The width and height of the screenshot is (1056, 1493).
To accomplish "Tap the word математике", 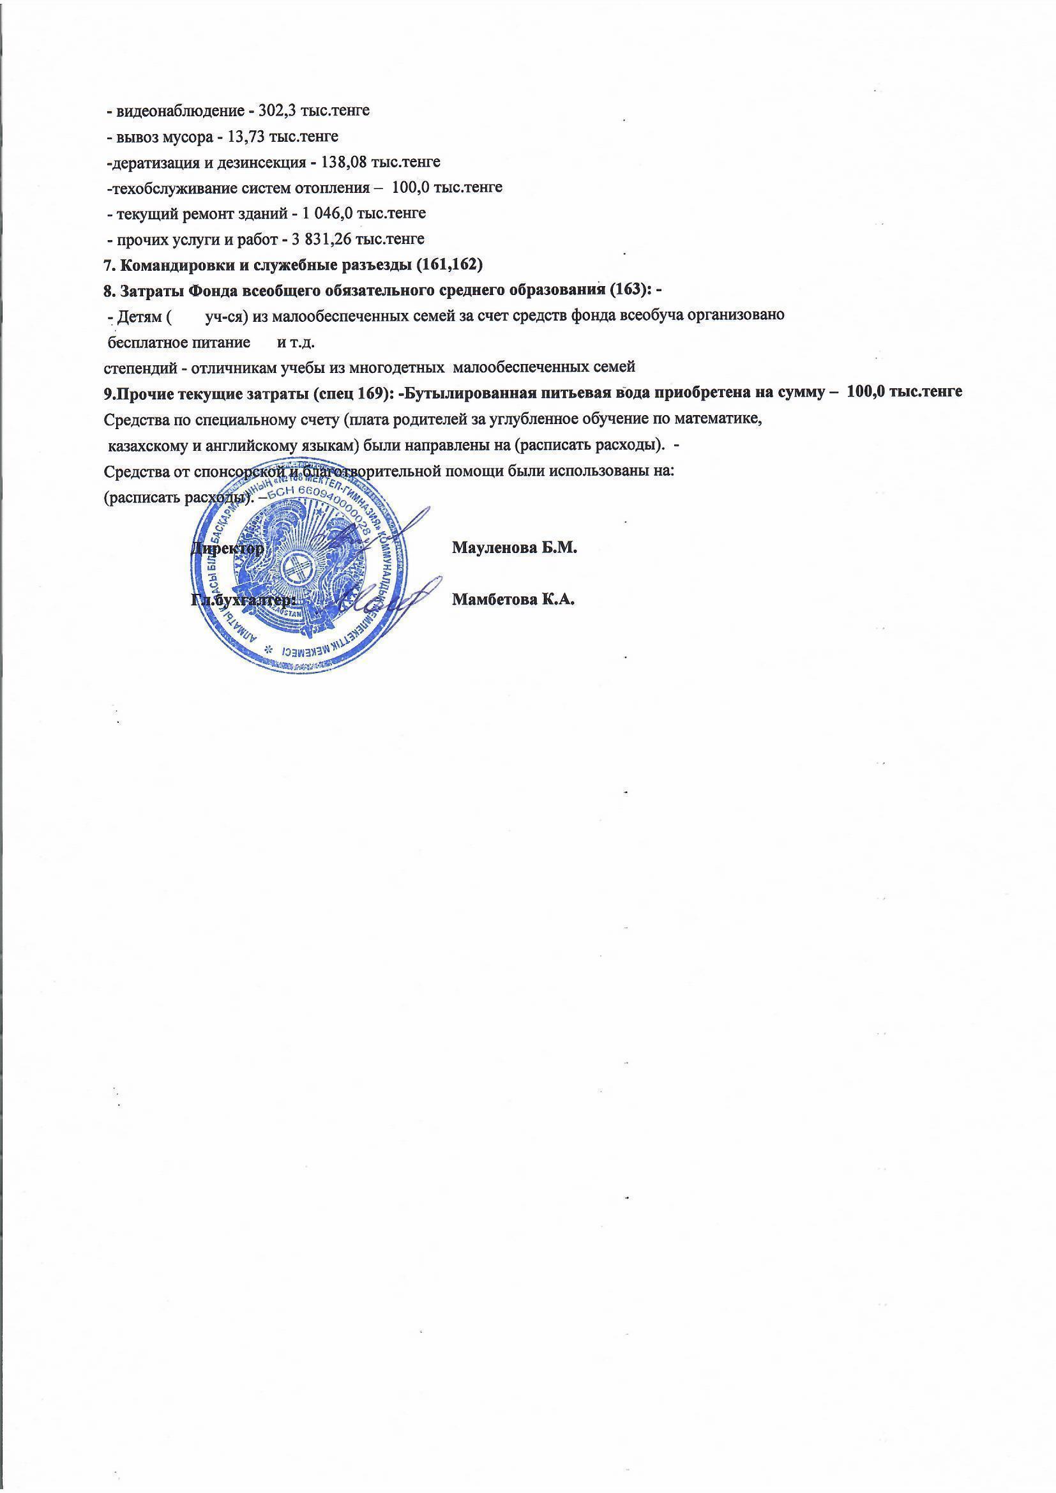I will [725, 419].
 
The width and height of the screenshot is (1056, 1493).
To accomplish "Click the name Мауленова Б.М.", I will [515, 547].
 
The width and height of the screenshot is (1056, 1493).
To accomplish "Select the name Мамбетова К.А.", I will [514, 599].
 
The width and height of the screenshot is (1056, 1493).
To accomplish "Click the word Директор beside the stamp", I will [227, 547].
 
